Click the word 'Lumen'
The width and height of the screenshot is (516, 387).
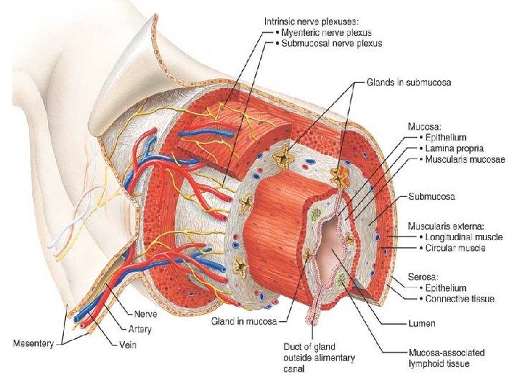pyautogui.click(x=424, y=324)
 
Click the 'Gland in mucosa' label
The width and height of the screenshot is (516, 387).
pyautogui.click(x=244, y=322)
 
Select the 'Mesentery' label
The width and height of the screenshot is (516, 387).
pyautogui.click(x=33, y=343)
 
